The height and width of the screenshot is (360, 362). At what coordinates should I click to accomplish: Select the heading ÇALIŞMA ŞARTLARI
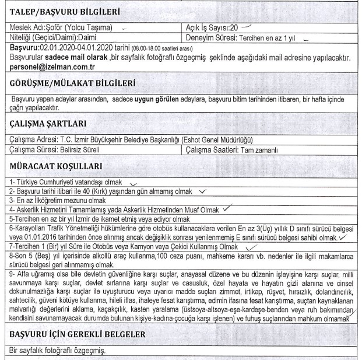coord(48,123)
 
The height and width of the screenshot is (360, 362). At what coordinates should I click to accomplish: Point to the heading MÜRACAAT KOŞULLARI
coord(55,166)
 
